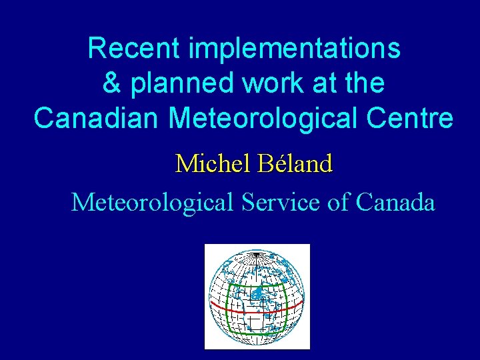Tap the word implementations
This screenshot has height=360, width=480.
pyautogui.click(x=295, y=48)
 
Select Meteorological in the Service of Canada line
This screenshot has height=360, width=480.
pyautogui.click(x=151, y=201)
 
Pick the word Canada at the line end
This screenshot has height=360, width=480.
pyautogui.click(x=396, y=201)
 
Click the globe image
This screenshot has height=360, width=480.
pyautogui.click(x=257, y=297)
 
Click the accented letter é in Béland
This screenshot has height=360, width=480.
pyautogui.click(x=271, y=163)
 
